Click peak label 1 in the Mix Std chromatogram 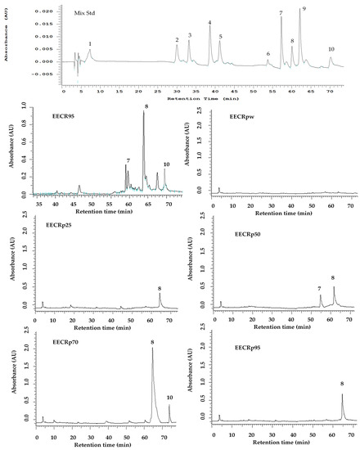click(x=90, y=43)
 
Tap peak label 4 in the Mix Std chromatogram click(x=209, y=23)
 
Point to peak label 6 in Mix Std click(x=268, y=54)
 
